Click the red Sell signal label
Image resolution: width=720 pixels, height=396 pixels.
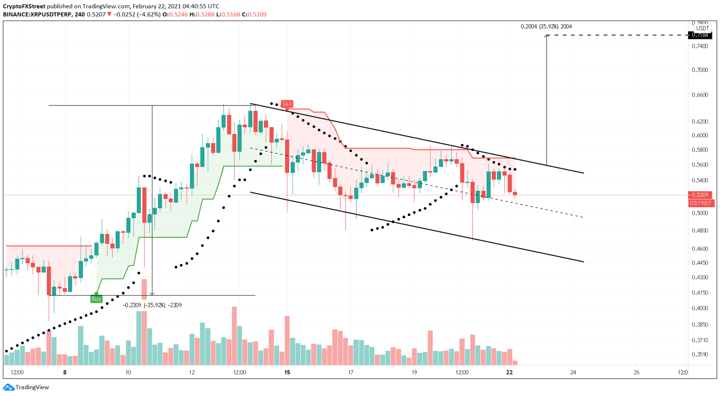[287, 104]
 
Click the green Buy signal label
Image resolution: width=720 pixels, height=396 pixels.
[96, 299]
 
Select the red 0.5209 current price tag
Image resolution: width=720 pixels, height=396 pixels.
[700, 194]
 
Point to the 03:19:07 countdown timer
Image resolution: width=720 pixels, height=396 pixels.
[700, 203]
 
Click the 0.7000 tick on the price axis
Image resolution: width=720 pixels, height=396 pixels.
[700, 70]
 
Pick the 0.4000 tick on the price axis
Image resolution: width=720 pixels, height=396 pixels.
[700, 308]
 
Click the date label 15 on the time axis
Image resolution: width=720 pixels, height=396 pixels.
[287, 373]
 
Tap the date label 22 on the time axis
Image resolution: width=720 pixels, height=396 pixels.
[510, 373]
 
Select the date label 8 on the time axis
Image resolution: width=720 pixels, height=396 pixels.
[65, 373]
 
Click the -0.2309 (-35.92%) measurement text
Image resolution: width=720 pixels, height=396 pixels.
[152, 305]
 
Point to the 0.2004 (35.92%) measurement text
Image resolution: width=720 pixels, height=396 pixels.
[546, 27]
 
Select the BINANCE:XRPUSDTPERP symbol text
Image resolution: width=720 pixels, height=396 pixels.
[37, 15]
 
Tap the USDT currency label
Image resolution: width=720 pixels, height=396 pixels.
[702, 28]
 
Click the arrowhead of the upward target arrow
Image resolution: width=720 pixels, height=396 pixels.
[547, 37]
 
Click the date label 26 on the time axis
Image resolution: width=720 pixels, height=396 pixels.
[636, 373]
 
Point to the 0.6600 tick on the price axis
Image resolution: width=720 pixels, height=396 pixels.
[700, 95]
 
